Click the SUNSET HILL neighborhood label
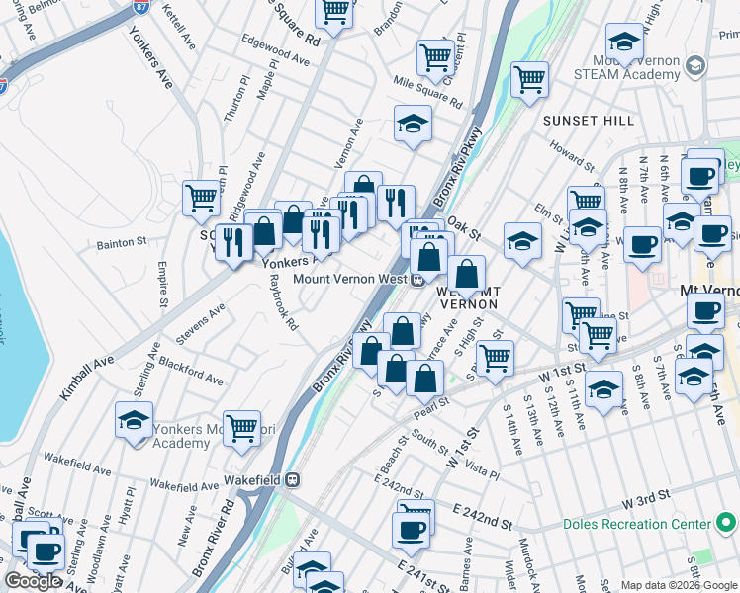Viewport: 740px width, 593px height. click(x=588, y=121)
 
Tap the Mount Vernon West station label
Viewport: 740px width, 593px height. click(x=350, y=279)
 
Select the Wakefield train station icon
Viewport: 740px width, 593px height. click(x=293, y=479)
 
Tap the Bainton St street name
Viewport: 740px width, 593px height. click(x=121, y=241)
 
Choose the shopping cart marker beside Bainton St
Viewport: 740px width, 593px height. click(x=202, y=197)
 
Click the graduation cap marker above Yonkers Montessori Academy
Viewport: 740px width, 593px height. click(x=134, y=419)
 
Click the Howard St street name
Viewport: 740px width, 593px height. click(x=572, y=157)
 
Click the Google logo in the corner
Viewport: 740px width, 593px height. click(x=33, y=581)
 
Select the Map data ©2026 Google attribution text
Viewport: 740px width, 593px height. click(x=678, y=585)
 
